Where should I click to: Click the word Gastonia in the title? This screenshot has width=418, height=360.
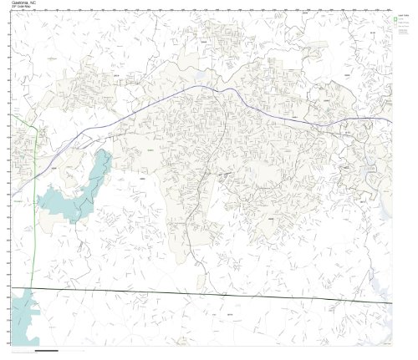point(19,3)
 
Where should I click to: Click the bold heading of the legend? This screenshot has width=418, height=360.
point(403,15)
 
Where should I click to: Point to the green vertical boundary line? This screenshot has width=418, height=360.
point(34,209)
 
